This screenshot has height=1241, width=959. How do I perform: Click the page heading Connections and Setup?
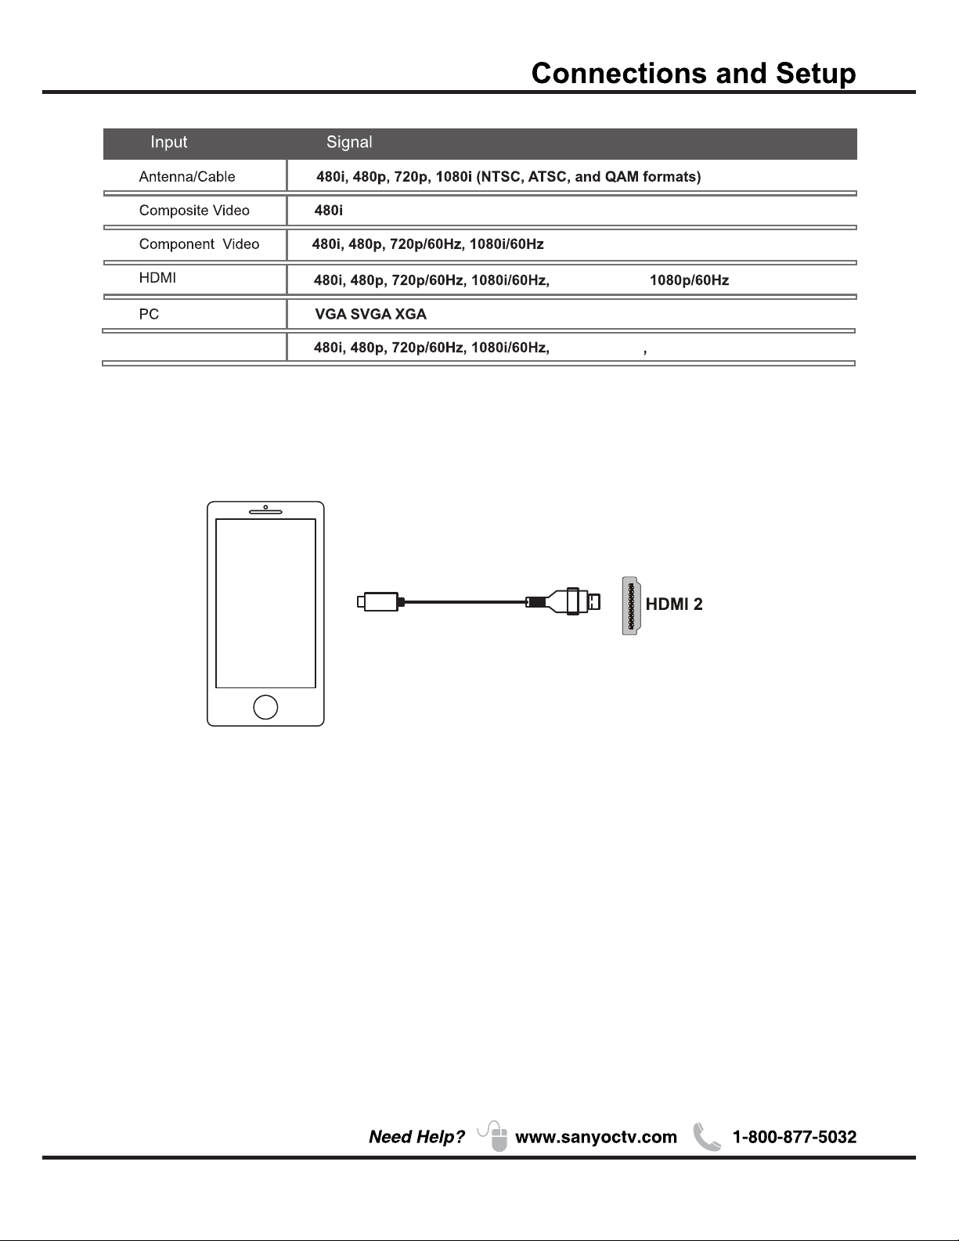(694, 74)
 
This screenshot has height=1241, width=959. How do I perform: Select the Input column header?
(169, 142)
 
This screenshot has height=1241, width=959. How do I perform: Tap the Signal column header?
(349, 142)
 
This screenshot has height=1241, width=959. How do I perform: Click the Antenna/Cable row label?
(187, 177)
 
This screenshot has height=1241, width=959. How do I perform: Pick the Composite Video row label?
(194, 211)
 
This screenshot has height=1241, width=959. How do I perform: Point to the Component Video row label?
(199, 244)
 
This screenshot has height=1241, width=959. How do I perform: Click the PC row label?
(149, 314)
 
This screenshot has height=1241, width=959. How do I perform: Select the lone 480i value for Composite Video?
(329, 211)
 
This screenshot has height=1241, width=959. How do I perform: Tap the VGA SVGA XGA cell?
(370, 314)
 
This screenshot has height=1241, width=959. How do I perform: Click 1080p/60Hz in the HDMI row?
(689, 280)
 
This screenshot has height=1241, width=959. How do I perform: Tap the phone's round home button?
(265, 706)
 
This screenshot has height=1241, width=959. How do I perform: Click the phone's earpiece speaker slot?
(265, 513)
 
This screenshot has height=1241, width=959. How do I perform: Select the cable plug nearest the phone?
(378, 602)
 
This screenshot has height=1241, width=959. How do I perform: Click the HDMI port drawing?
(631, 605)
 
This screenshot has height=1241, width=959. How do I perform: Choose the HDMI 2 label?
(674, 604)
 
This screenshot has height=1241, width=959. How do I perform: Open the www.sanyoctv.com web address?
(596, 1138)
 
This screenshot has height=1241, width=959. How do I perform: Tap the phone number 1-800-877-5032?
(794, 1138)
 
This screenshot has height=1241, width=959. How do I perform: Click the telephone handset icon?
(706, 1138)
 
